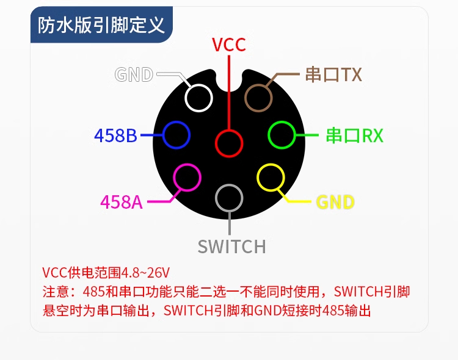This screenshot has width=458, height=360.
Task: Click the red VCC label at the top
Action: pos(228,45)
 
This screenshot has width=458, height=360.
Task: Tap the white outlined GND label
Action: pos(134,74)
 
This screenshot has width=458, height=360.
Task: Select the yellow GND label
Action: pos(335,202)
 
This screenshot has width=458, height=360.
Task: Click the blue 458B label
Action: pos(115,135)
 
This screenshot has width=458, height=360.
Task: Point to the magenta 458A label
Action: pos(122,201)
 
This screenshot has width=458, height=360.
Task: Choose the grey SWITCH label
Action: pos(231,247)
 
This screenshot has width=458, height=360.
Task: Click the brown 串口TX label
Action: pos(333,74)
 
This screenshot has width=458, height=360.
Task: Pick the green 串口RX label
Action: pos(354,135)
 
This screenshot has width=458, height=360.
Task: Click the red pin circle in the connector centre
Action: pos(230,143)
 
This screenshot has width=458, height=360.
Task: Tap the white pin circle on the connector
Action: pos(198,98)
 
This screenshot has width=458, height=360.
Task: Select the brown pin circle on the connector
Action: pos(258,98)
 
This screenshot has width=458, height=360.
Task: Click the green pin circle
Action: pos(283,135)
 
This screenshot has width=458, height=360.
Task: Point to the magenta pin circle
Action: pos(187,178)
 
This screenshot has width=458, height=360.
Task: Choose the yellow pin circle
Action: pos(271,178)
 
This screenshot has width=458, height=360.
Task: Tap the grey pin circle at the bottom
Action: pos(230,198)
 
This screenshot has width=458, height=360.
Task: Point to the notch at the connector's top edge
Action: pos(230,78)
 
